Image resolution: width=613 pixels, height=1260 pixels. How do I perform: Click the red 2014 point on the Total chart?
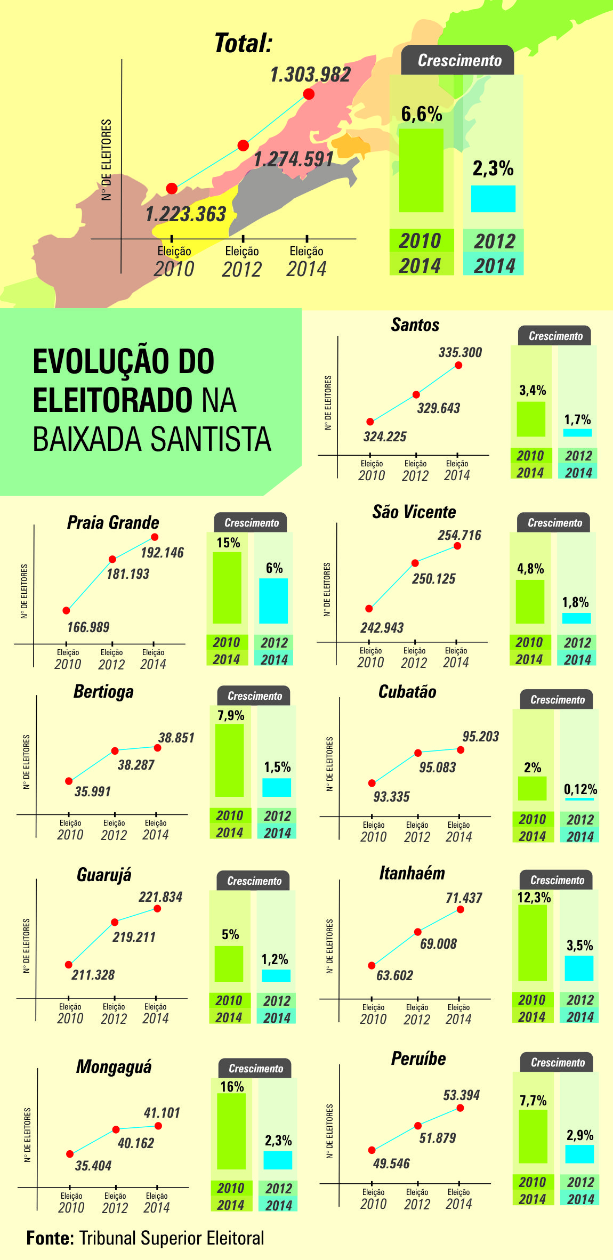pos(309,94)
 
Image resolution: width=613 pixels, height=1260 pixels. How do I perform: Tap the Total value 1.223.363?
pos(186,214)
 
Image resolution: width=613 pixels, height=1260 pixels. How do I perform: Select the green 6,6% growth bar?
pos(421,170)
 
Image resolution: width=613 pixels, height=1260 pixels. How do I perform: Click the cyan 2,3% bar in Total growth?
pos(493,199)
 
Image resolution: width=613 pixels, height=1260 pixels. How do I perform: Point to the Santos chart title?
pos(415,325)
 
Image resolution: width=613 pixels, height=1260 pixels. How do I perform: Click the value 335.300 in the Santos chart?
pos(460,352)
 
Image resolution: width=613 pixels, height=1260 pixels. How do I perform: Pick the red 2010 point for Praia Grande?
pos(66,610)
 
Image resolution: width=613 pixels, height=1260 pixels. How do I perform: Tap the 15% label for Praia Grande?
pos(228,543)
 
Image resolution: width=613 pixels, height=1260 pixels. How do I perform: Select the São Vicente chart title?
pos(414,512)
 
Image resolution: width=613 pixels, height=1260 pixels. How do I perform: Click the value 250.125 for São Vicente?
pos(433,579)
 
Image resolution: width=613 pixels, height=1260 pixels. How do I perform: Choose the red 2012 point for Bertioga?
pos(115,750)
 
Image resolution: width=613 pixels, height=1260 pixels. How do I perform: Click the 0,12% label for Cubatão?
pos(580,789)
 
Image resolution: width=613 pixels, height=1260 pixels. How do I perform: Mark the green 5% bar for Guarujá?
pos(229,964)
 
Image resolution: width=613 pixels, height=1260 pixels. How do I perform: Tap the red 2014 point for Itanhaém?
pos(460,909)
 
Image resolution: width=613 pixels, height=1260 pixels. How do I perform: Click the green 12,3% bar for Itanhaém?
pos(533,943)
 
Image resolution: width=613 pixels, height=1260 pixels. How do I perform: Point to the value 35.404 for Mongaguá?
pos(93,1166)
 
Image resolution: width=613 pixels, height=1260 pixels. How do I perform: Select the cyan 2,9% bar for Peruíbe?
pos(579,1154)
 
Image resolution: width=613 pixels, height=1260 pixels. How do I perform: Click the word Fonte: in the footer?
pos(50,1238)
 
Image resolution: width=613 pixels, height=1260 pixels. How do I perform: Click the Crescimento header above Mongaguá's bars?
pos(255,1068)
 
